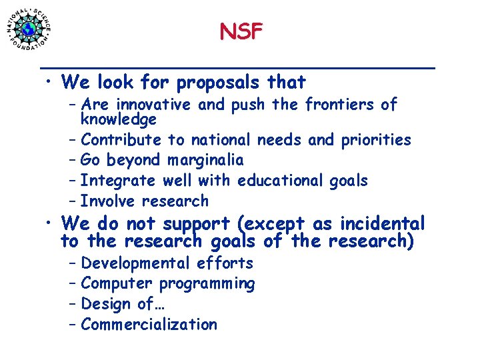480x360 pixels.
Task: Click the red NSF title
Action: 241,31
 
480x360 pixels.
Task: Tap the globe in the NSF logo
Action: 29,29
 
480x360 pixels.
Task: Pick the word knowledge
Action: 118,119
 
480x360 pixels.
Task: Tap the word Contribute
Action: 121,140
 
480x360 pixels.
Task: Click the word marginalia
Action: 205,160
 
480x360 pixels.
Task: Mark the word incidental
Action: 384,224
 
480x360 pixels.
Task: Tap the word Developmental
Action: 135,263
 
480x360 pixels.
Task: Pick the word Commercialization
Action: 149,325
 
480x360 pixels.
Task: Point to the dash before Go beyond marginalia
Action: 72,161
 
